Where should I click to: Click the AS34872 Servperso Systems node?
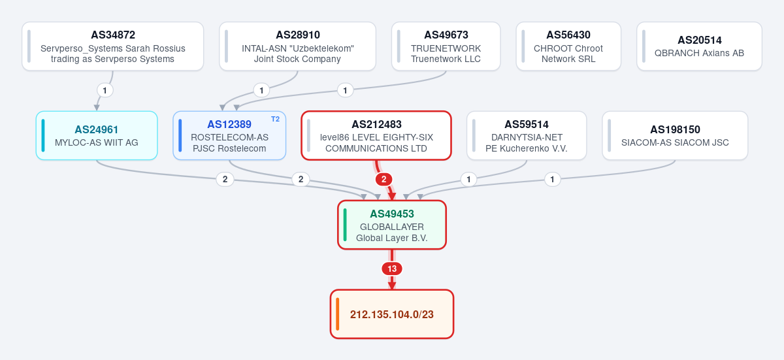[112, 46]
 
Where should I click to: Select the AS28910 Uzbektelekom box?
[297, 46]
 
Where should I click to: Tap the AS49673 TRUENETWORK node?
[446, 46]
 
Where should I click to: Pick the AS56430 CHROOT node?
[568, 46]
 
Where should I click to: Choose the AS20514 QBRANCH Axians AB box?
[699, 46]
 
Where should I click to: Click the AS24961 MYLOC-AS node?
[97, 136]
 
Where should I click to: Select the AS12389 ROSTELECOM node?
[229, 136]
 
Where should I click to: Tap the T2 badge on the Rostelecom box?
[276, 120]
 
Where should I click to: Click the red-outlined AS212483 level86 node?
[376, 136]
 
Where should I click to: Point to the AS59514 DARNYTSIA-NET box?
[527, 136]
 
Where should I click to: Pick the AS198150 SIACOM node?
[675, 136]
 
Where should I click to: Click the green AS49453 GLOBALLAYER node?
[392, 225]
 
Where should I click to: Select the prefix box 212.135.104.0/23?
[392, 314]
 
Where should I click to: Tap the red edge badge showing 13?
[392, 269]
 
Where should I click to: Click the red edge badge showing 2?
[384, 180]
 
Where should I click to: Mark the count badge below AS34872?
[105, 91]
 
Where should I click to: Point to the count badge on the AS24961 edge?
[225, 180]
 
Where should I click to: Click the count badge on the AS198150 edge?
[552, 180]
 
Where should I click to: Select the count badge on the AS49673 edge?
[345, 91]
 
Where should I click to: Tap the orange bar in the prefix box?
[337, 314]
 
